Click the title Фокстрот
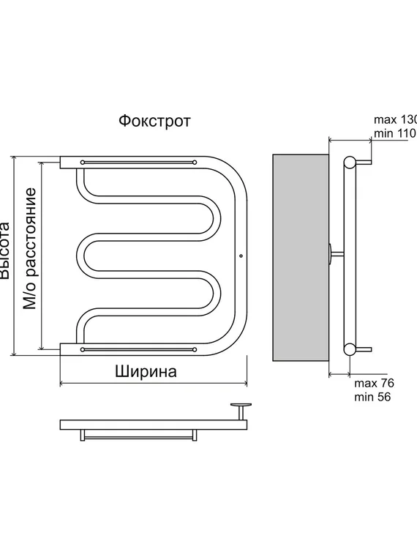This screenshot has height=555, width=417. [x=154, y=121]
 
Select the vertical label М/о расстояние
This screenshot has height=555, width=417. [x=30, y=249]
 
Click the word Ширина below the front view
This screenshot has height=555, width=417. [x=146, y=370]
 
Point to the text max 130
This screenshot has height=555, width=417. [x=395, y=119]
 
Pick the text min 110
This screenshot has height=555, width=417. [x=394, y=133]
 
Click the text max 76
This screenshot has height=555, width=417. [x=374, y=384]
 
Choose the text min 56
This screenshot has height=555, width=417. [x=372, y=398]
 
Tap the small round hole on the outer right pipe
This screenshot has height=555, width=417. [x=241, y=256]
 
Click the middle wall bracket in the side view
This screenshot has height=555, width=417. [x=334, y=253]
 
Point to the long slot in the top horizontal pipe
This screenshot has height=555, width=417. [x=138, y=161]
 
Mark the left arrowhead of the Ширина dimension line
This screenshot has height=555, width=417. [x=62, y=382]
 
